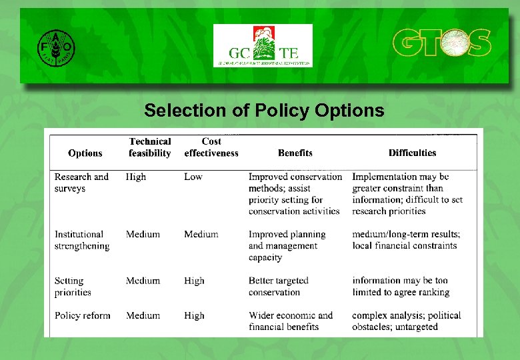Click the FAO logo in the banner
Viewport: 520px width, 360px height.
point(56,47)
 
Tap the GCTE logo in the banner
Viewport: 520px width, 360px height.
point(263,46)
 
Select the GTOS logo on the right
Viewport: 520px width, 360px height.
point(441,43)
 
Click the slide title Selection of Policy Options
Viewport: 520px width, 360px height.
point(264,110)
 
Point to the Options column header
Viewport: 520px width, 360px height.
point(85,153)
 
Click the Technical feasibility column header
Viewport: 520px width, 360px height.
point(150,147)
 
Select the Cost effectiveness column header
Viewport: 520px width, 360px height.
point(211,147)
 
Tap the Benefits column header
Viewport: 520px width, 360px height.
point(295,153)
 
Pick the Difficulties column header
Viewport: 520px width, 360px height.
point(413,153)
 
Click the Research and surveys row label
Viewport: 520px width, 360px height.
point(81,183)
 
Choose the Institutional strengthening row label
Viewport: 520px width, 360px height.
point(82,240)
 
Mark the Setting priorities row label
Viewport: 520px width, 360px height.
point(73,287)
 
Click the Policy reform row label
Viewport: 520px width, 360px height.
point(83,315)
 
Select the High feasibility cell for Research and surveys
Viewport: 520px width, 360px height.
point(136,177)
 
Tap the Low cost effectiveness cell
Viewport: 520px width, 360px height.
point(193,177)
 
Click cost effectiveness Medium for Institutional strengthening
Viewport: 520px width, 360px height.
point(201,234)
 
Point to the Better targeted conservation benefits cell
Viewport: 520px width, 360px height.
point(279,287)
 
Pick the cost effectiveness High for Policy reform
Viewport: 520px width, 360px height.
point(195,315)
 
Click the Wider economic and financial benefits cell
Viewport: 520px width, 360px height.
point(291,321)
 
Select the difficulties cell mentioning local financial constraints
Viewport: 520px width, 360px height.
point(406,240)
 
